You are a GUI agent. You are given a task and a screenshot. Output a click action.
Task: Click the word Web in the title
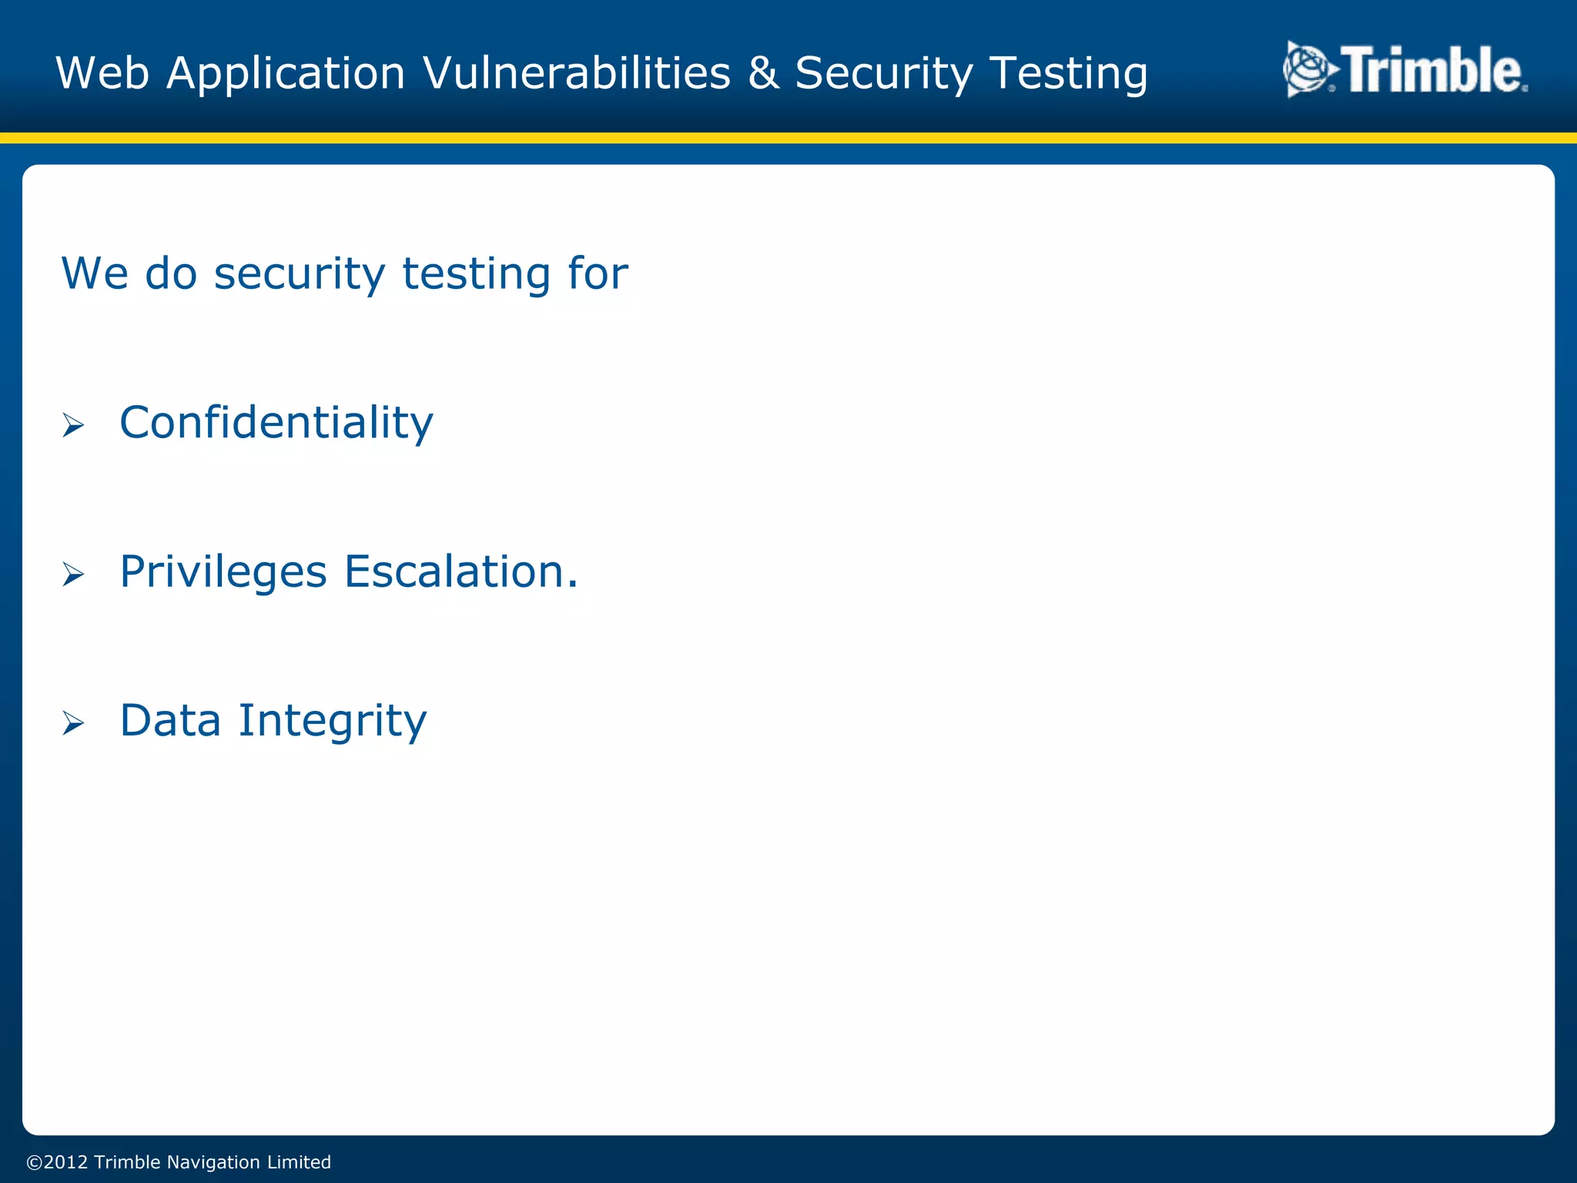pos(102,73)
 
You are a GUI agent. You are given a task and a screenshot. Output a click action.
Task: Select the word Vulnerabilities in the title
pos(576,73)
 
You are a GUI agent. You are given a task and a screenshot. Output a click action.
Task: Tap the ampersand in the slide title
pos(762,73)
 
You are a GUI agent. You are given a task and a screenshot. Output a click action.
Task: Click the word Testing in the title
pos(1069,73)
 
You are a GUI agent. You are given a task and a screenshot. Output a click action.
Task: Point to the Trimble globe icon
pos(1309,70)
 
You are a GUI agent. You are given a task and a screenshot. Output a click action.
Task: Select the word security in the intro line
pos(299,274)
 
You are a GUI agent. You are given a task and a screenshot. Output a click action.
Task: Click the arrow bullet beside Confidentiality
pos(73,424)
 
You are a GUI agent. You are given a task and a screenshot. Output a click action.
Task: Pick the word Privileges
pos(223,572)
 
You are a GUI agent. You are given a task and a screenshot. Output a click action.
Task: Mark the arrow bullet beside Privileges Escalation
pos(73,574)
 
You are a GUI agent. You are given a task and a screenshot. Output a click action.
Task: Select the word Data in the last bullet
pos(170,720)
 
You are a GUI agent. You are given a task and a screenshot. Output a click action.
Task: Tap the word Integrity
pos(332,722)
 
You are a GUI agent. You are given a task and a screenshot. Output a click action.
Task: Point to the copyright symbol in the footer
pos(35,1162)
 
